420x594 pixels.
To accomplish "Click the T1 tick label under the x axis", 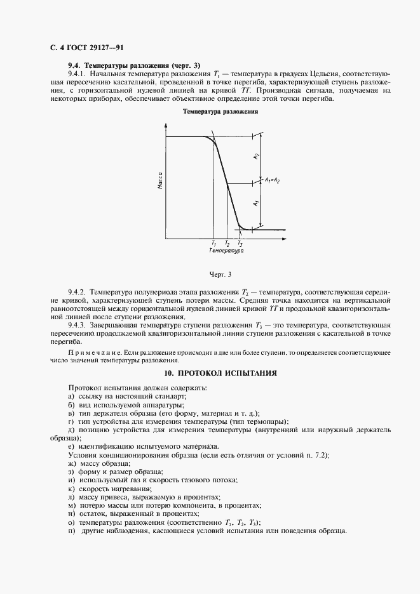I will (213, 243).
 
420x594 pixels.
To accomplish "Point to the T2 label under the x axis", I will (227, 243).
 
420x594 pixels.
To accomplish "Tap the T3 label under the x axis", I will (240, 243).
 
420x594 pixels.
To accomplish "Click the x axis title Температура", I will (226, 251).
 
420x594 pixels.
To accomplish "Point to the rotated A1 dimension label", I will (256, 204).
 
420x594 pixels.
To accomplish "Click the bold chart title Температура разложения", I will (220, 111).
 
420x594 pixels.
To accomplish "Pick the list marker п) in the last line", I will (71, 531).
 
